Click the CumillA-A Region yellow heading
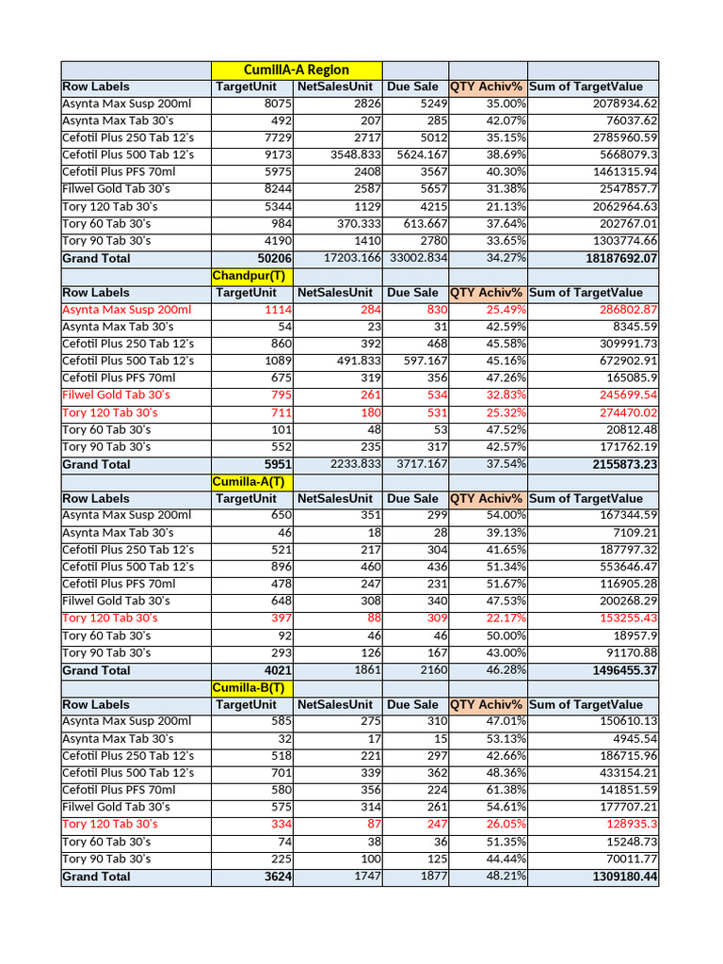click(296, 70)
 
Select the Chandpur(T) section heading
click(249, 275)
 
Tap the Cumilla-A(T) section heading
click(249, 481)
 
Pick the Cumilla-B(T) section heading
click(249, 687)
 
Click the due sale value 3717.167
click(418, 464)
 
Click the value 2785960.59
click(616, 137)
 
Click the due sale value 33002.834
click(418, 258)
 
